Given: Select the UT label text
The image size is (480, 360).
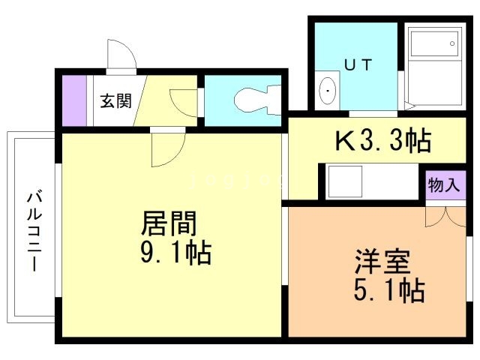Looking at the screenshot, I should (356, 65).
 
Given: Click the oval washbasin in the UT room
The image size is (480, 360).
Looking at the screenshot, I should (328, 91).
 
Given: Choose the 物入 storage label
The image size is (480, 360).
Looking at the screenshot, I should (443, 184).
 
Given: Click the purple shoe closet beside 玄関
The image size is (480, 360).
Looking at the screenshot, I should (75, 100).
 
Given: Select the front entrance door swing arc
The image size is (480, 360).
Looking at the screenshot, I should (120, 55).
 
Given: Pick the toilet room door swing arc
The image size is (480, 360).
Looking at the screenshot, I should (183, 103).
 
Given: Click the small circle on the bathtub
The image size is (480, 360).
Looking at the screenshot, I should (453, 43).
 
